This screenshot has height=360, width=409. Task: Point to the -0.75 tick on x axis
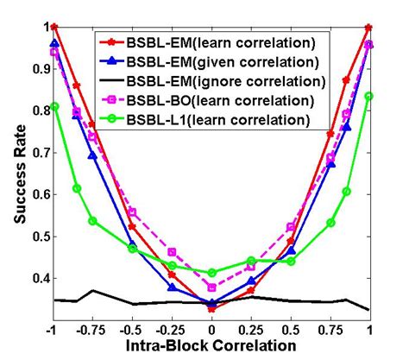(91, 329)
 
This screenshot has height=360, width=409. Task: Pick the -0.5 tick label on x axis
(132, 329)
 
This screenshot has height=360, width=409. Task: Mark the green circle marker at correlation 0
(211, 273)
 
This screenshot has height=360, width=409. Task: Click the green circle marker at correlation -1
(54, 106)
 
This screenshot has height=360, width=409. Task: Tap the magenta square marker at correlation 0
(211, 287)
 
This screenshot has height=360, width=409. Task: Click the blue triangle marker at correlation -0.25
(172, 287)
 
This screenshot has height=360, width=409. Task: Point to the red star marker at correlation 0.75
(330, 134)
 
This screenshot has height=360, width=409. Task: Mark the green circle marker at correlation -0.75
(92, 221)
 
